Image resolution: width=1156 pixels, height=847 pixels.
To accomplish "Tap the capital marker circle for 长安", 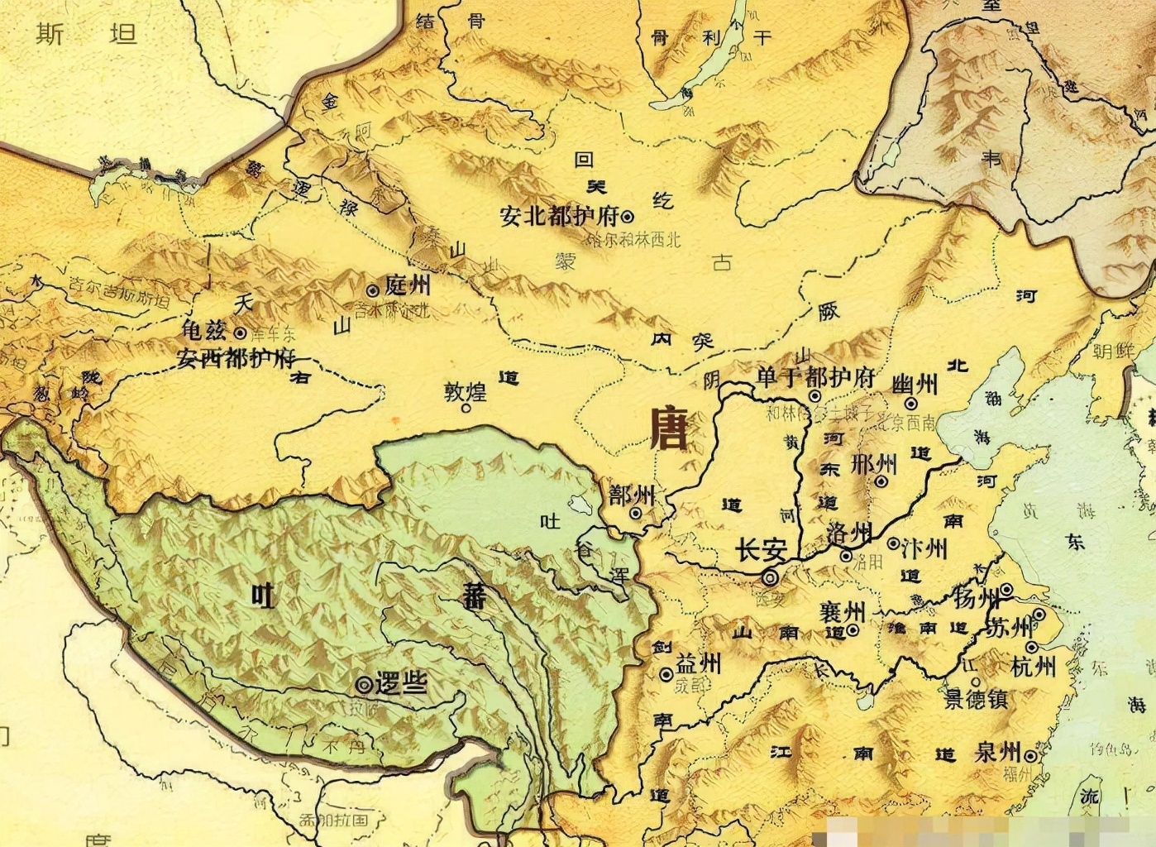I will pos(771,578).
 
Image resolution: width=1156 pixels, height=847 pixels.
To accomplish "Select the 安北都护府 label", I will pos(559,217).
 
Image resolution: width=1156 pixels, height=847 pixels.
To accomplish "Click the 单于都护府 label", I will pos(815,378).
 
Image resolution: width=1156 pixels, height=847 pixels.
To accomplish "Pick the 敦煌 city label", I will pos(466,390).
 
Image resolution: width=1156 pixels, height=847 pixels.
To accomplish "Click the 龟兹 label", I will pos(203,331).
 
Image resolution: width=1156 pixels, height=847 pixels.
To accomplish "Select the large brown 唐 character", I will pos(668,427).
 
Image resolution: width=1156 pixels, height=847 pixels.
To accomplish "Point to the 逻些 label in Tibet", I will pos(401,683).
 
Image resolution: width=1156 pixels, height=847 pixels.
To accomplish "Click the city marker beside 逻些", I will pos(363,684).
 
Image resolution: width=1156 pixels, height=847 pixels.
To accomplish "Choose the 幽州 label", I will pos(915,385).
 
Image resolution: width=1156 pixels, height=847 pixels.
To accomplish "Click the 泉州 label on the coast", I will pos(998,753).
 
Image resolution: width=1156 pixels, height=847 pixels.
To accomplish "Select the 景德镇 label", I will pos(976,700).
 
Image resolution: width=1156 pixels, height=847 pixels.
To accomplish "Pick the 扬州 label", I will pos(976,597).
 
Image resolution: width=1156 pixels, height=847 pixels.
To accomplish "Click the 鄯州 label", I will pos(632,495).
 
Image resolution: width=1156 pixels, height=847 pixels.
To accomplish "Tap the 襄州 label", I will pos(843,612).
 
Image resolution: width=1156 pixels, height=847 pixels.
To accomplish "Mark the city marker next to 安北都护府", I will pos(628,217).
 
